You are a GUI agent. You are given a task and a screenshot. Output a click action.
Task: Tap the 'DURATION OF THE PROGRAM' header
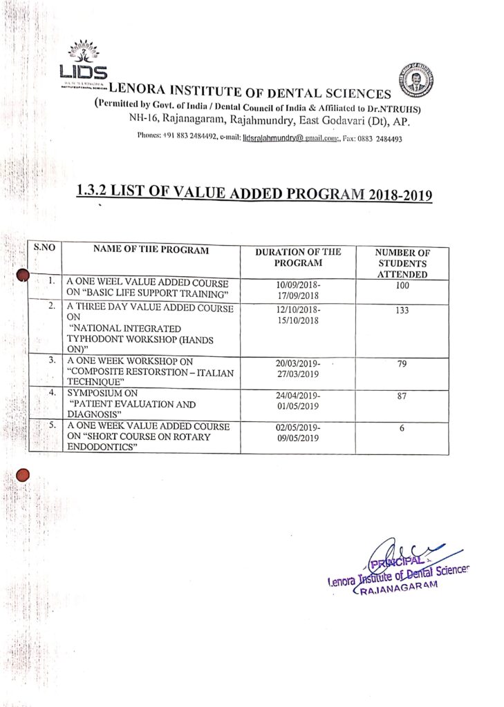298,258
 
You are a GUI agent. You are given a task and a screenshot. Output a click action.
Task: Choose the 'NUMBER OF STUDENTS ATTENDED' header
402,263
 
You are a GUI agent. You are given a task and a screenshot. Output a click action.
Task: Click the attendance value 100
402,285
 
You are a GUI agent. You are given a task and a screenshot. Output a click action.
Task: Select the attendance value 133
402,311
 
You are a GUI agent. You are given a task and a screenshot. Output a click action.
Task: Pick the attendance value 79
402,365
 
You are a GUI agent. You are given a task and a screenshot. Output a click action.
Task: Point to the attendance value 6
402,428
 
